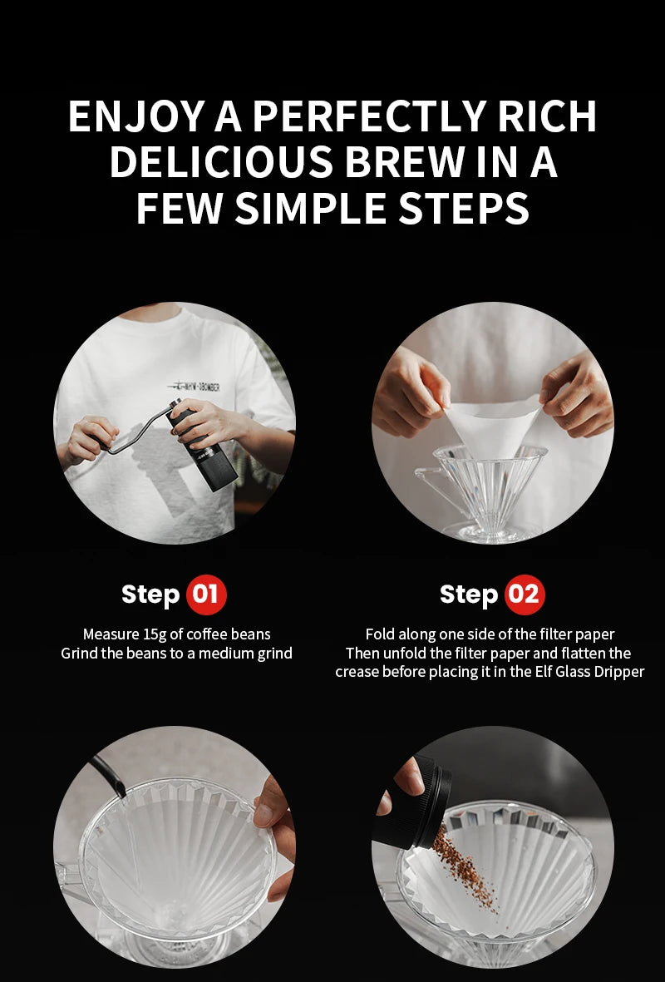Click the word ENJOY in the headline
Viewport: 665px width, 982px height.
coord(136,116)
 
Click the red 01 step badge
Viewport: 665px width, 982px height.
coord(206,595)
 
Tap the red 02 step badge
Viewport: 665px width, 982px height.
coord(525,595)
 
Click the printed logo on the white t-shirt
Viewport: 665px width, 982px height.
coord(194,387)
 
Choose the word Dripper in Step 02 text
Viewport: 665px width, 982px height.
coord(618,673)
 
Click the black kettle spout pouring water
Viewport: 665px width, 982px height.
coord(108,775)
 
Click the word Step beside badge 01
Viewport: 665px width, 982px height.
coord(150,595)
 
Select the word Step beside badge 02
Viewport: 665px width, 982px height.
coord(469,595)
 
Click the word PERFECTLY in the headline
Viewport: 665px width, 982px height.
coord(370,116)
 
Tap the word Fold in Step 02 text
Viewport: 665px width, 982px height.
coord(379,634)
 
